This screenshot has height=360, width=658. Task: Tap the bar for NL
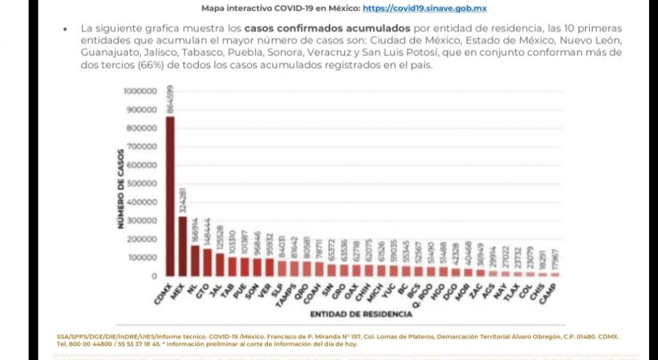point(195,260)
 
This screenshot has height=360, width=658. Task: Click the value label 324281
point(183,201)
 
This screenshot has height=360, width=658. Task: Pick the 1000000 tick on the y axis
point(139,91)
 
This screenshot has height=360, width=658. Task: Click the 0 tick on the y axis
point(154,276)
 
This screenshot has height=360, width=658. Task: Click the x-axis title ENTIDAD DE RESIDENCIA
point(360,314)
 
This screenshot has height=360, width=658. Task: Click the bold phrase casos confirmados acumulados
point(327,29)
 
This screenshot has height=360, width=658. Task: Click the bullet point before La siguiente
point(66,30)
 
